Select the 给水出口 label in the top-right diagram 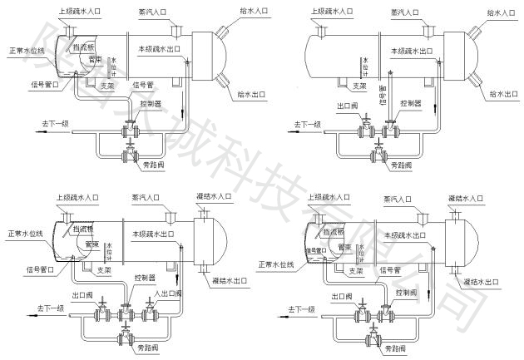point(504,93)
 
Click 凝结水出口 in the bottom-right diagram point(480,283)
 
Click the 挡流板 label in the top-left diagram point(82,49)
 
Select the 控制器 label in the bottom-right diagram point(408,293)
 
